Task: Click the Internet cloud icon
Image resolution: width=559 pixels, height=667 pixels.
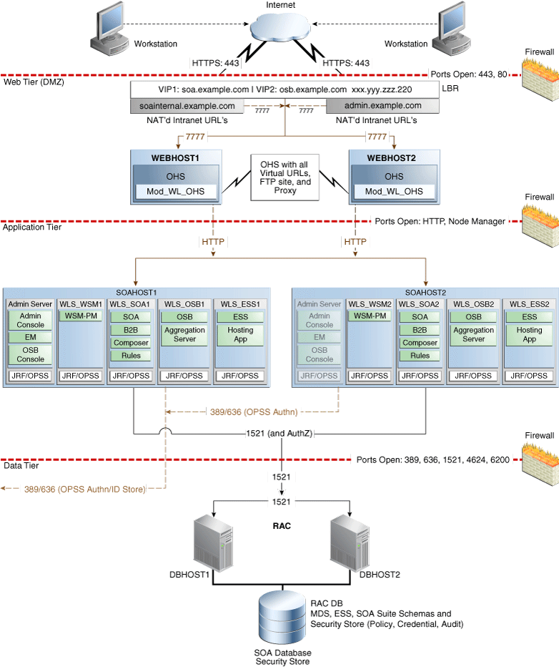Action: pos(280,31)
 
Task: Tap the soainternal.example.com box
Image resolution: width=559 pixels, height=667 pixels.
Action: pos(187,106)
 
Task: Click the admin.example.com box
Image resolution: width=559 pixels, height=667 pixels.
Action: pos(383,106)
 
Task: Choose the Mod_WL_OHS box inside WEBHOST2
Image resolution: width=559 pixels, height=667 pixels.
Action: pos(394,191)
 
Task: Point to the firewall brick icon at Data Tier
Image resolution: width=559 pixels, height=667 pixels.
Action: pos(538,455)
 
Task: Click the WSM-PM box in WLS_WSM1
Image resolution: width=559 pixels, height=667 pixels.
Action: pos(81,316)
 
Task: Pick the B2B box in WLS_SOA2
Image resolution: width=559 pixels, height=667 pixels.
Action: pos(420,330)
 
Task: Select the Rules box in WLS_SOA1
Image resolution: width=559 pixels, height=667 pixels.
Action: pos(131,356)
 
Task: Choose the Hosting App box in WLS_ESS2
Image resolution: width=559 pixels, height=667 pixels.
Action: pos(529,335)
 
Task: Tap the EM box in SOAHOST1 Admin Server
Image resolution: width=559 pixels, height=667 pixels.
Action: pos(30,337)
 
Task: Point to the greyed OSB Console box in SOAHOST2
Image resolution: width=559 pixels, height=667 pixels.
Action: pos(320,354)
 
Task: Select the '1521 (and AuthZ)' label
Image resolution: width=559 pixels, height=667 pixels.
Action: pos(283,432)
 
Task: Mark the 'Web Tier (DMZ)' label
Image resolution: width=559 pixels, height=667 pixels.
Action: pos(32,82)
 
